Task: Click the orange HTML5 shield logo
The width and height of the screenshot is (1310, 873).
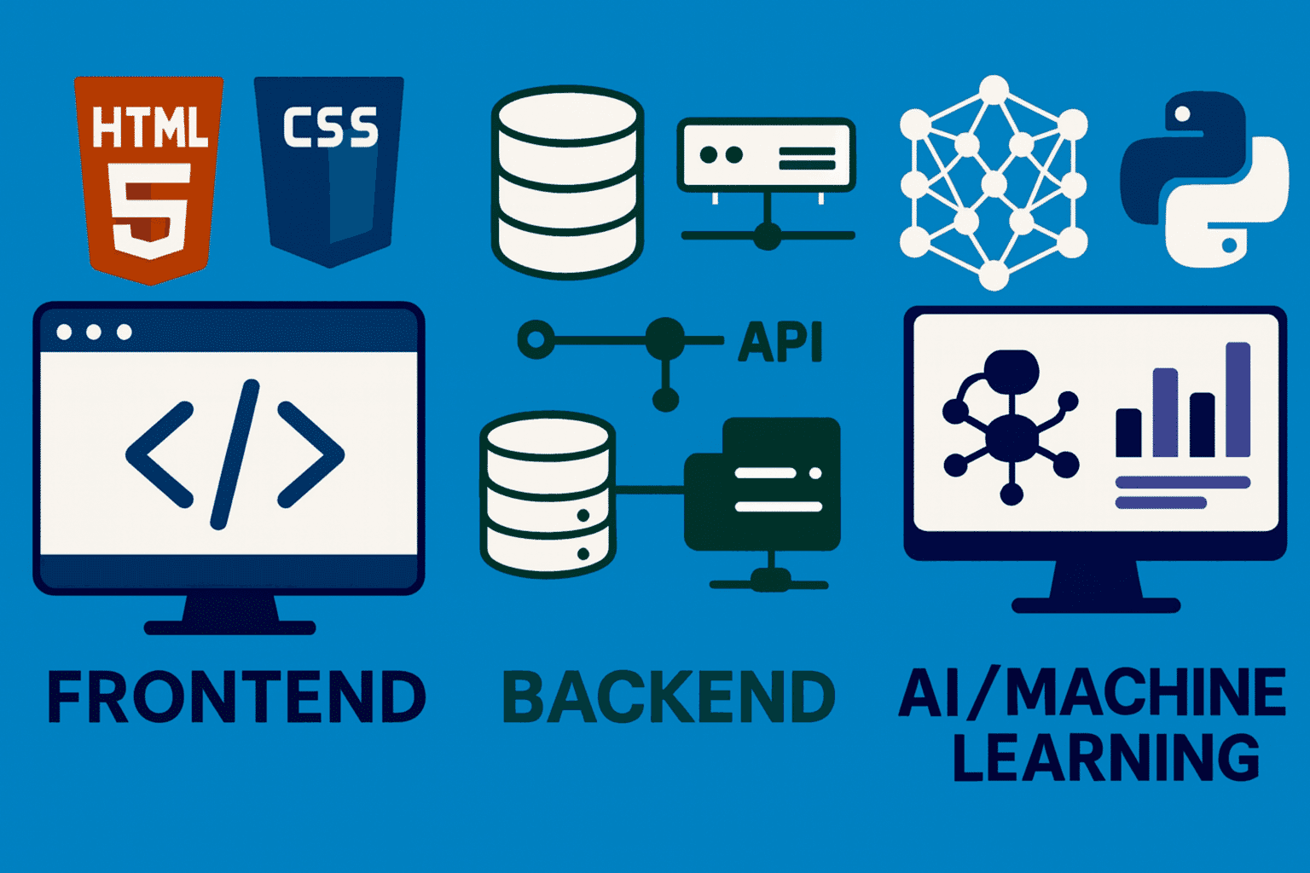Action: click(x=149, y=179)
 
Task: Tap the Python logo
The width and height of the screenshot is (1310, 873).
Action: click(x=1203, y=179)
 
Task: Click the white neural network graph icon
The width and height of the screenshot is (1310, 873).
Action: click(x=994, y=183)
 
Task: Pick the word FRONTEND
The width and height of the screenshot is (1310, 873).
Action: click(x=236, y=697)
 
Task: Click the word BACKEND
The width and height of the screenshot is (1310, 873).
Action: click(x=669, y=697)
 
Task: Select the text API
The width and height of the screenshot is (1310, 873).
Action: click(x=780, y=343)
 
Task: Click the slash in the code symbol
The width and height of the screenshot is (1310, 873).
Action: click(x=235, y=454)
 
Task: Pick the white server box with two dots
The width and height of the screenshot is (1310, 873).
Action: click(x=766, y=154)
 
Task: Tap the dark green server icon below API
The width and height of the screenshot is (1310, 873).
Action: click(x=763, y=486)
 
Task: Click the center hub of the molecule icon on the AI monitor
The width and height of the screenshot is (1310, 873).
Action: click(x=1011, y=435)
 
